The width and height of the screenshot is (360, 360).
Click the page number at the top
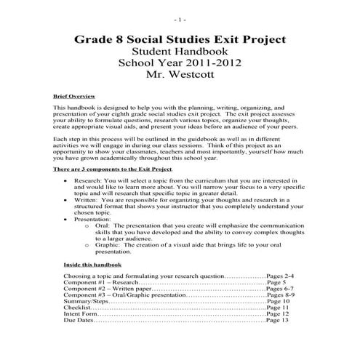tap(180, 17)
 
